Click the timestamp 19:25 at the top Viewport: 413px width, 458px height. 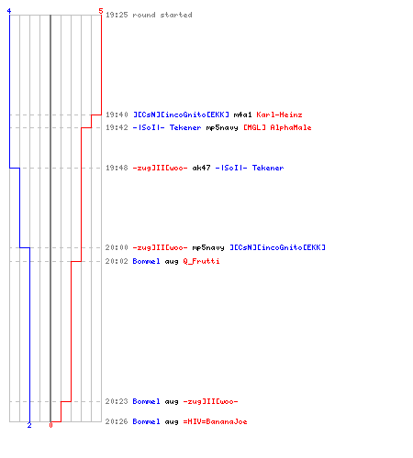117,15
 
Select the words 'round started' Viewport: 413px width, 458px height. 162,15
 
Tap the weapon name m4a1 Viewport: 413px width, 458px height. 242,114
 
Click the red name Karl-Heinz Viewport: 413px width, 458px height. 279,114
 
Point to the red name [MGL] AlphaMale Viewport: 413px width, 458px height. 277,127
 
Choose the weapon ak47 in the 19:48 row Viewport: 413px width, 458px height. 201,168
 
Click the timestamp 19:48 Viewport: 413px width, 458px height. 117,168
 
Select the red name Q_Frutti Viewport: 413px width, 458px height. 201,261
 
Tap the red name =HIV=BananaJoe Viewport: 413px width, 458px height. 215,421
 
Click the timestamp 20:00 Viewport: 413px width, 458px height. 117,247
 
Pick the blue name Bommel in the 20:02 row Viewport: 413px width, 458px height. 146,261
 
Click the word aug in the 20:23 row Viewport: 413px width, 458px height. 172,402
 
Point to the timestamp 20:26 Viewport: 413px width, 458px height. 117,421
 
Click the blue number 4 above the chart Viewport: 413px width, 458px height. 9,11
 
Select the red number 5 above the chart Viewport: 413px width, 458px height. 101,11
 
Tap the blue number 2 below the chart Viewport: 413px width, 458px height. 29,425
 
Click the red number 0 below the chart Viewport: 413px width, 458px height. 50,425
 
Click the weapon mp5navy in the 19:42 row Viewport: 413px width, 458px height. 222,127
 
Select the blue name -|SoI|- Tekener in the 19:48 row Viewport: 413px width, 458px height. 250,168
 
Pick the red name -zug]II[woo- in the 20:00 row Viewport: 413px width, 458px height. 160,247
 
